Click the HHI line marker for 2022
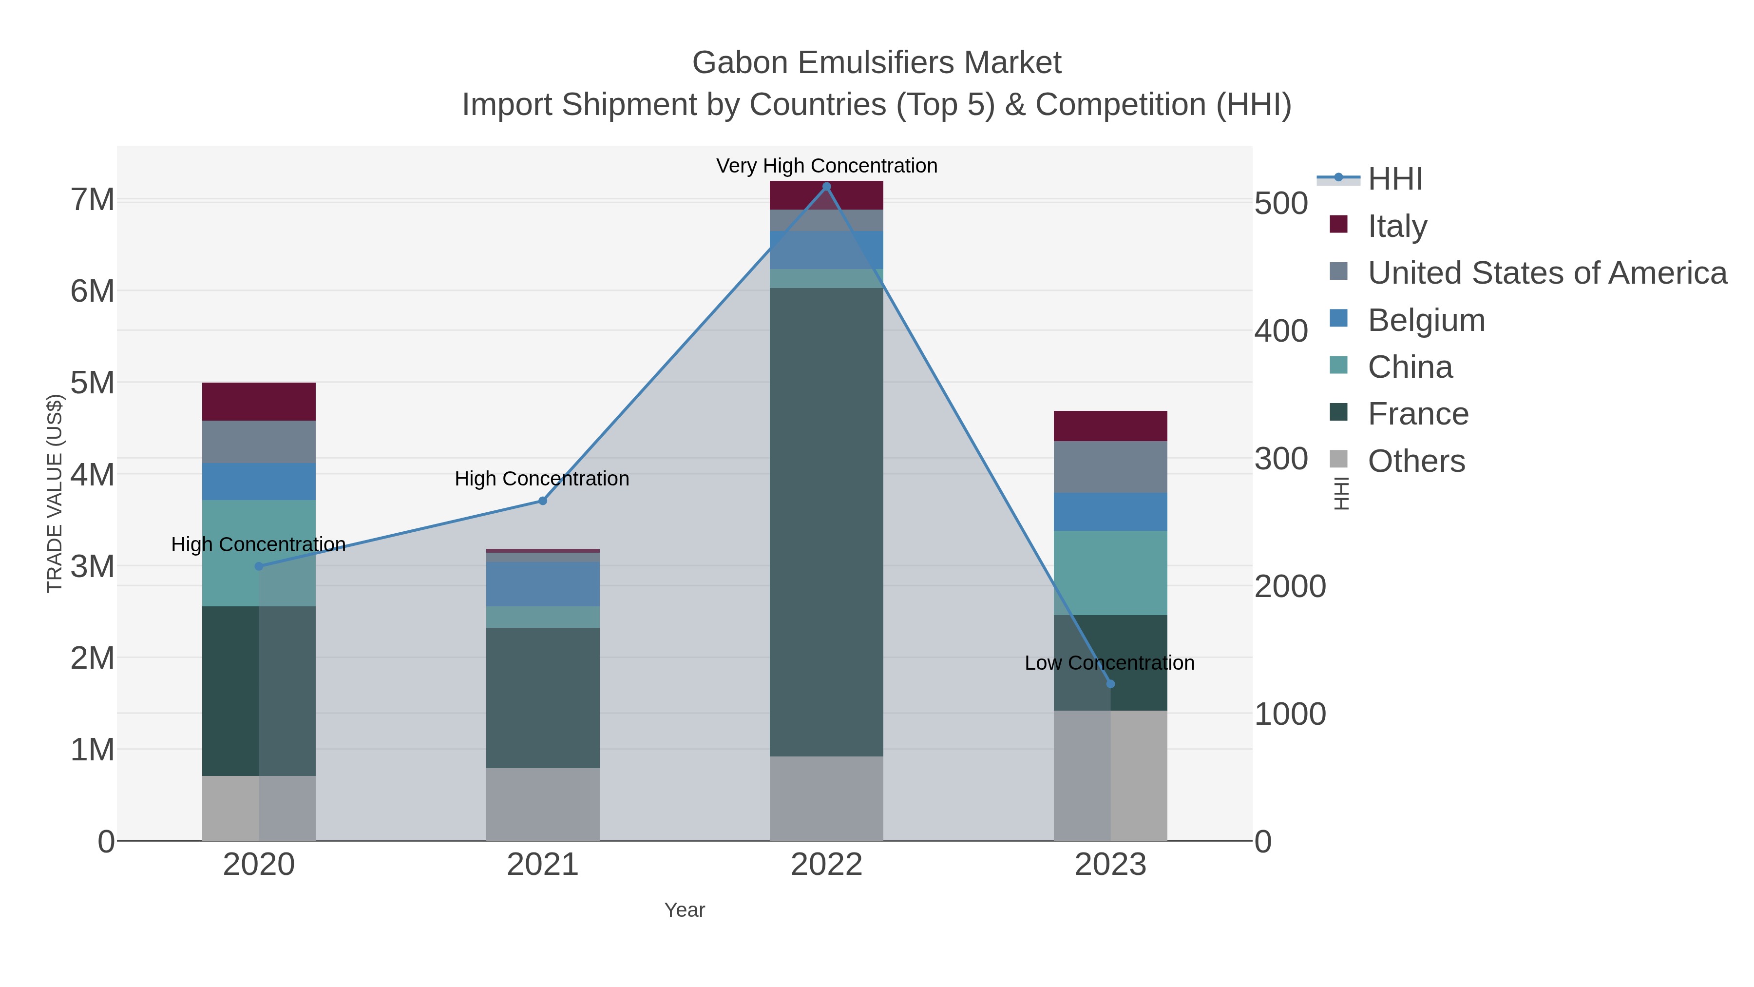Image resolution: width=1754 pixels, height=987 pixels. [x=827, y=187]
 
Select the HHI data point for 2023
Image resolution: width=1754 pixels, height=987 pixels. [x=1110, y=684]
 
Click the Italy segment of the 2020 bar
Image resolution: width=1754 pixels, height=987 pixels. [x=259, y=401]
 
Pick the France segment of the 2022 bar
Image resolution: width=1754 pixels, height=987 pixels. [x=827, y=521]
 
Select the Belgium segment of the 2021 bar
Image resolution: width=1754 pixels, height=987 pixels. [x=543, y=584]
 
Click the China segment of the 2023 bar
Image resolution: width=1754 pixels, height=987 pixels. [x=1110, y=572]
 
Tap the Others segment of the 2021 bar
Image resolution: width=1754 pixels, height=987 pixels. [x=543, y=804]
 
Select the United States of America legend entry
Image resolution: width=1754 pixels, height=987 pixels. [x=1546, y=272]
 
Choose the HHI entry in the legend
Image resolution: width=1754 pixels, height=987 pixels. [x=1394, y=179]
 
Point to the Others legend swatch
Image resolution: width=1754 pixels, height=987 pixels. [x=1338, y=460]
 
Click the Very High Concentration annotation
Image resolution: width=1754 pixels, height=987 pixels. [x=827, y=166]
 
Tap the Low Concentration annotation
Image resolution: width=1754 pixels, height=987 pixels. [x=1109, y=663]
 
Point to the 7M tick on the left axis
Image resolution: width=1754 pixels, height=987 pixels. [x=93, y=200]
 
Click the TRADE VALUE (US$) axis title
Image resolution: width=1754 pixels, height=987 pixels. [x=55, y=493]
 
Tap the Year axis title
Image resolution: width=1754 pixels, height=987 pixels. [x=685, y=910]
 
